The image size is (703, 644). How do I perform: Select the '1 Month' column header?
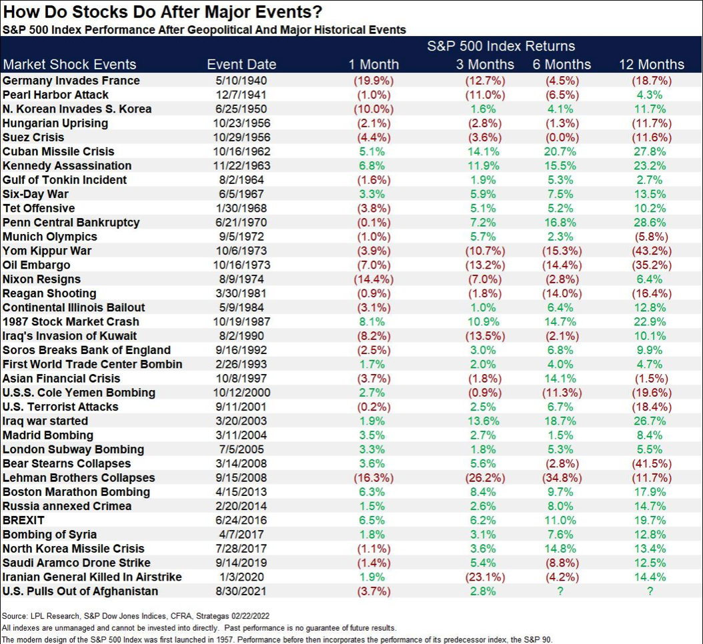(374, 65)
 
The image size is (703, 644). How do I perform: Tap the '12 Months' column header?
(651, 65)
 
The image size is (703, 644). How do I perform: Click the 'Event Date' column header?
(241, 65)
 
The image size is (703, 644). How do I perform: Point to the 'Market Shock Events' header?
(69, 65)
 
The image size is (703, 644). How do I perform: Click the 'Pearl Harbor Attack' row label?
(55, 95)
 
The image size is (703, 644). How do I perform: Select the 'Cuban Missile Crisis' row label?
(59, 151)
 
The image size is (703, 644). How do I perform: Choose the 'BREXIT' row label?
(23, 520)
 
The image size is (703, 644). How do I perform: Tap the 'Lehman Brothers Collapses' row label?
(79, 477)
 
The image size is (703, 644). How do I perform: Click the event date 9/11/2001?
(241, 407)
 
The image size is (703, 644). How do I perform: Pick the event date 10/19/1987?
(241, 321)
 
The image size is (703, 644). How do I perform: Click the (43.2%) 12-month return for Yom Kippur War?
(651, 251)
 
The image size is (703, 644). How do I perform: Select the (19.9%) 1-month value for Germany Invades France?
(374, 81)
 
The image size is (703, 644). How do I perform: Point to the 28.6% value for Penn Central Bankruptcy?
(651, 222)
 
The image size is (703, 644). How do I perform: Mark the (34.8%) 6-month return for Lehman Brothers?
(562, 477)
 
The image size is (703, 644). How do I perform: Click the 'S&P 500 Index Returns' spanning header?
(501, 47)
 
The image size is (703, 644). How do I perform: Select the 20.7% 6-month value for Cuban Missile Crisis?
(562, 151)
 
